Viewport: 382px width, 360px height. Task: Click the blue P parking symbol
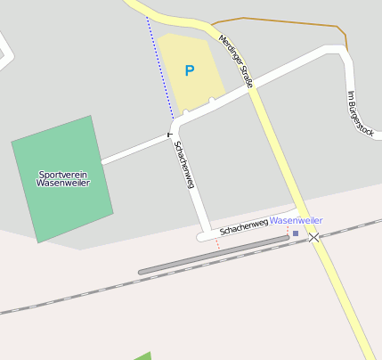pos(189,70)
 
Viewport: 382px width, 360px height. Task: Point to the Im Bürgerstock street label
pos(360,112)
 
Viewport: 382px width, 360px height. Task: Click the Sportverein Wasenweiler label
pos(62,178)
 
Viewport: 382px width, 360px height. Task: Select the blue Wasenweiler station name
pos(297,220)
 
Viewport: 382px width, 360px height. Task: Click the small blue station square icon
pos(296,233)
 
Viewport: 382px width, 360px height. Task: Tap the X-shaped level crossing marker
pos(313,237)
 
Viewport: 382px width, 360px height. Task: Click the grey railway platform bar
pos(214,255)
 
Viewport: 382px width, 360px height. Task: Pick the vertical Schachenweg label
pos(184,164)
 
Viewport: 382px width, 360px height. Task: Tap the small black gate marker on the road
pos(169,135)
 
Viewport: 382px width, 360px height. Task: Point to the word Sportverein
pos(62,174)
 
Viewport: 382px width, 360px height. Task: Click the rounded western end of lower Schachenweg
pos(202,236)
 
